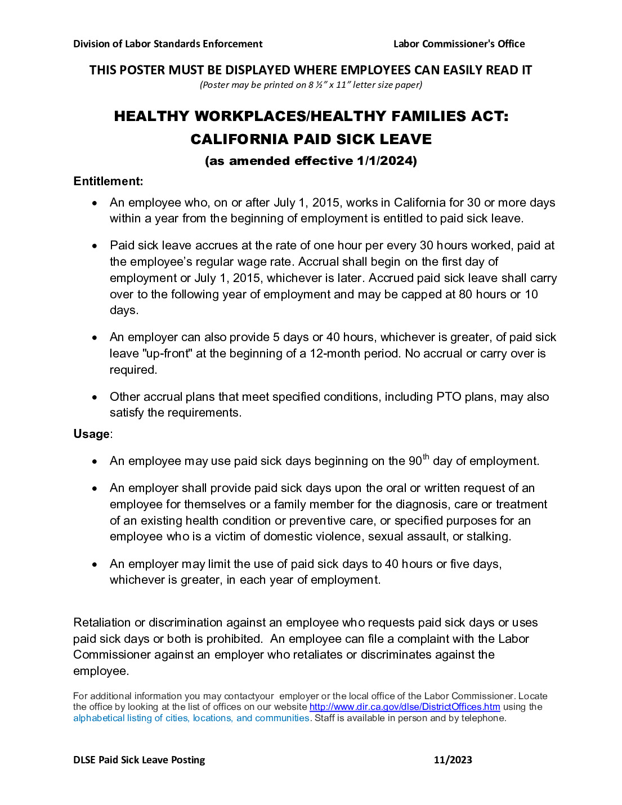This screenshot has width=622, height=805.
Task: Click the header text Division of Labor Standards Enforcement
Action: [168, 44]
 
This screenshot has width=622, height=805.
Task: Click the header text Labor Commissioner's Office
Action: [459, 44]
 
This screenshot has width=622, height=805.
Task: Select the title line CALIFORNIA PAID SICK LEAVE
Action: [311, 139]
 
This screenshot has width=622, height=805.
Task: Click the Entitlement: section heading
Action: [108, 181]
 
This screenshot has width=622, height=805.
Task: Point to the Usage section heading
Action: [92, 434]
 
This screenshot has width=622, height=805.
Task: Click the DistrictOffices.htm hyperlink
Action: [404, 707]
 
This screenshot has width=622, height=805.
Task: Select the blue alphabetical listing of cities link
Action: [191, 718]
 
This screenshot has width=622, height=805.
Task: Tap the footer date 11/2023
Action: [453, 760]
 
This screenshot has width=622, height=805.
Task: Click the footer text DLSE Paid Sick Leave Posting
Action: [139, 760]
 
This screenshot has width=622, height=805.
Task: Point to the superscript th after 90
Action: [426, 457]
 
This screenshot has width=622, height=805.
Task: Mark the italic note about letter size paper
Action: [311, 85]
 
